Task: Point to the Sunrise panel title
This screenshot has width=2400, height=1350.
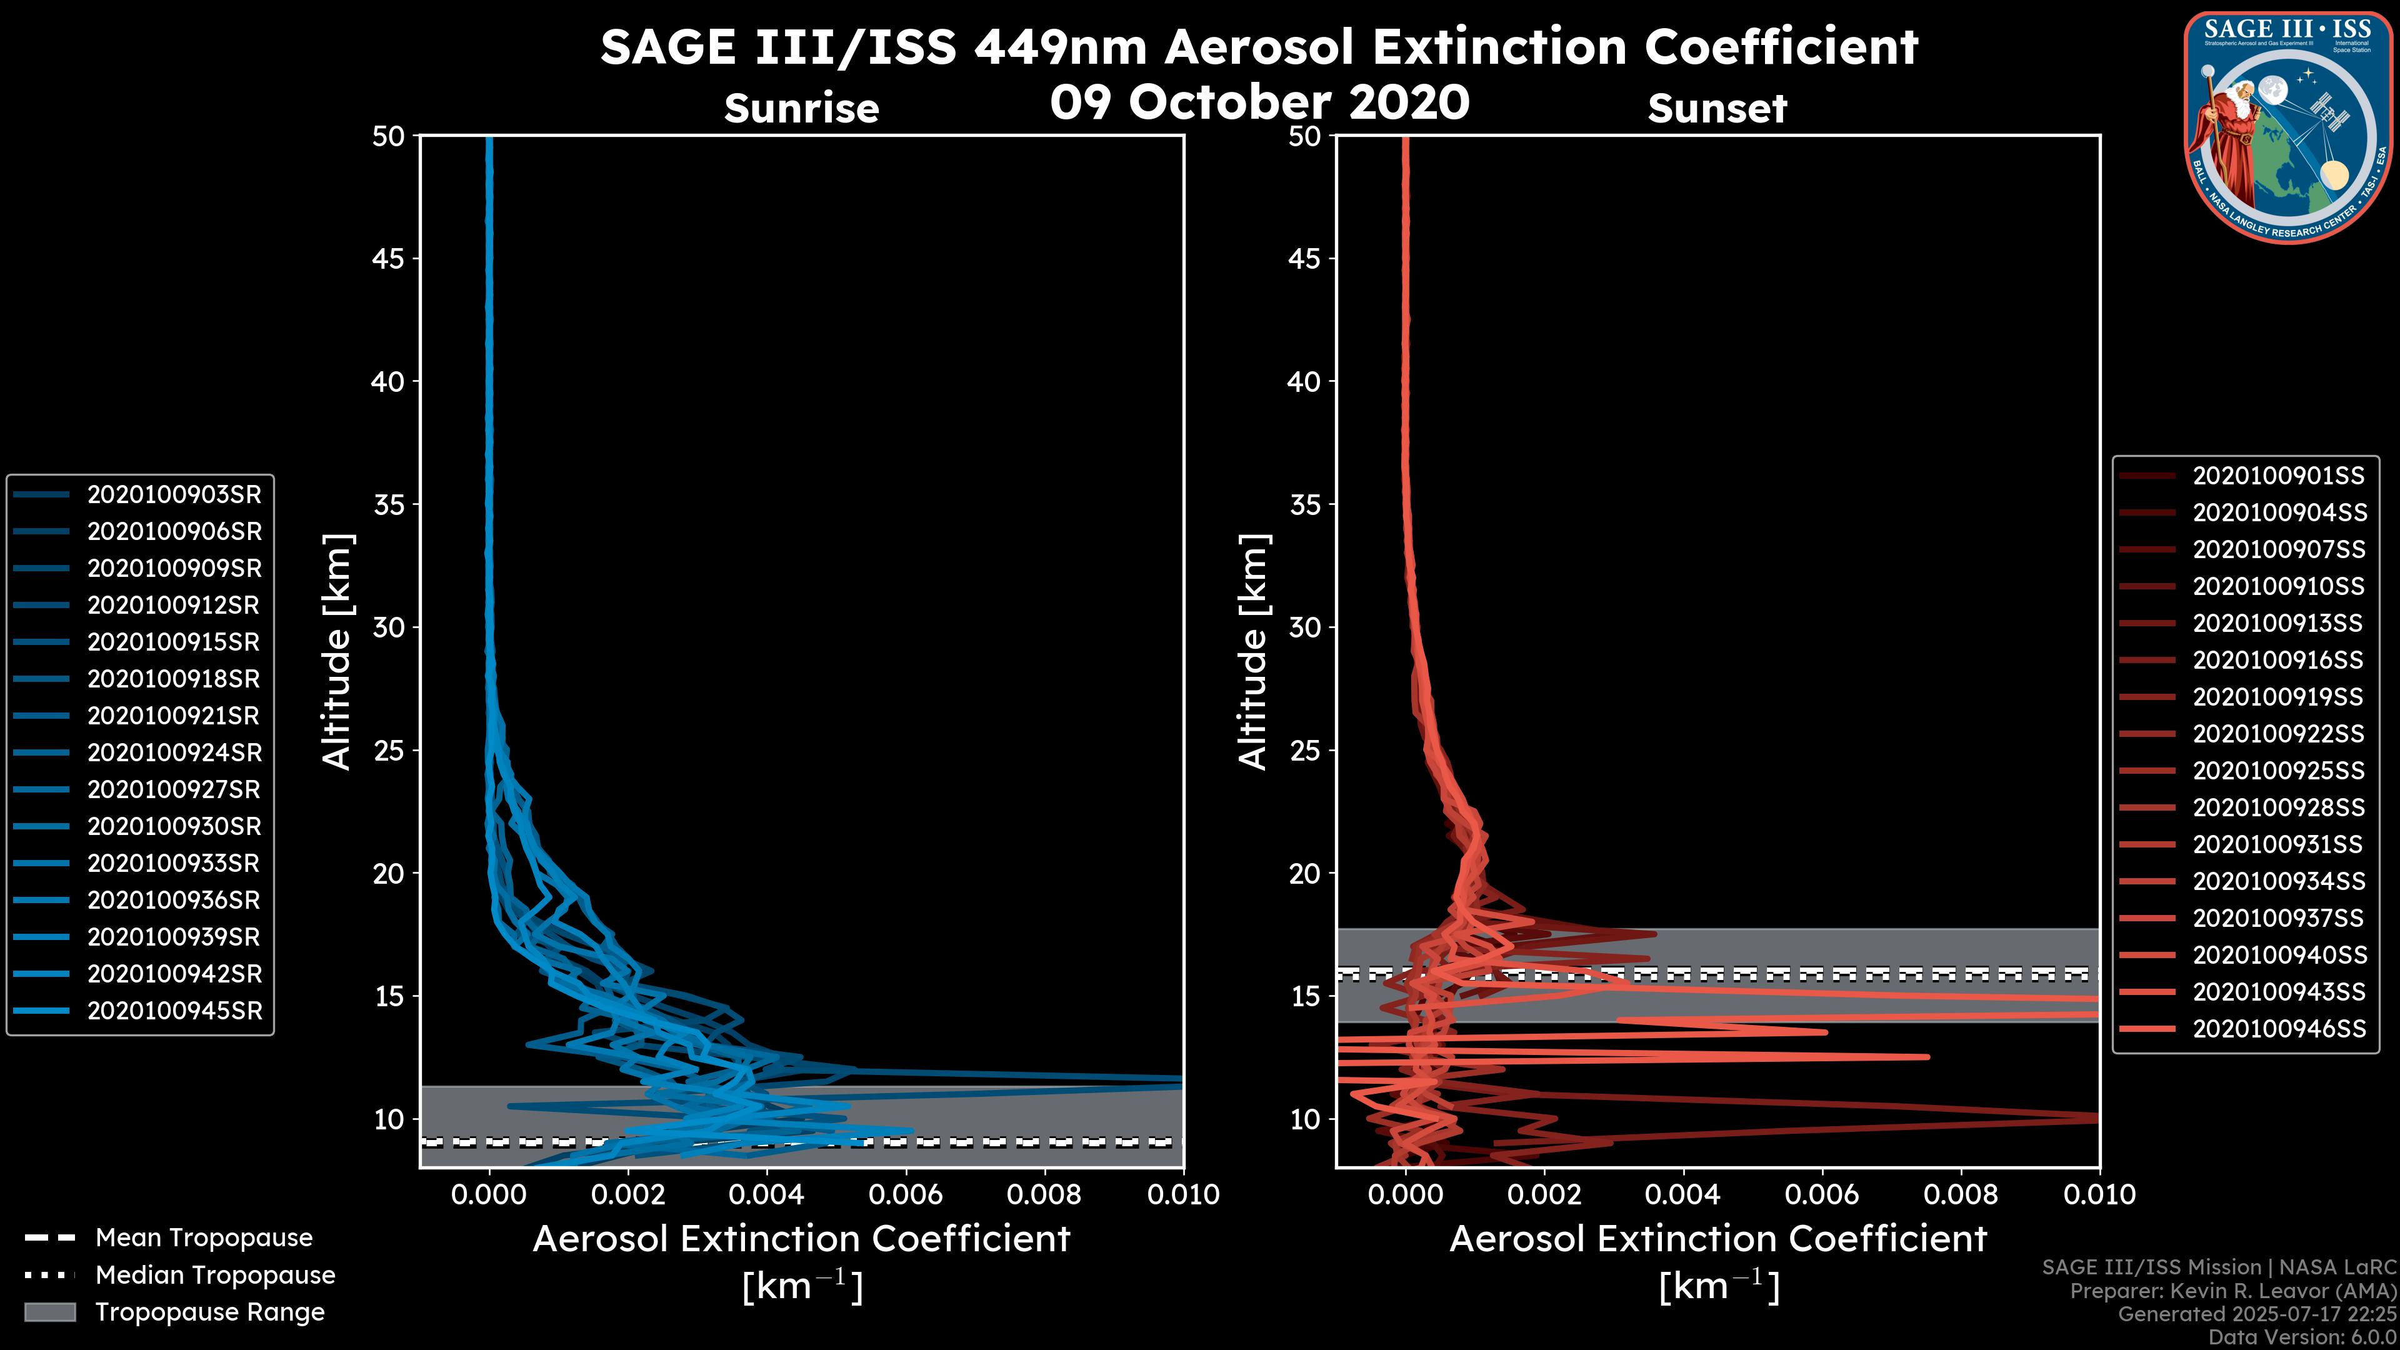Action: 801,109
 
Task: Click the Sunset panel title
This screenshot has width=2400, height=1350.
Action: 1717,109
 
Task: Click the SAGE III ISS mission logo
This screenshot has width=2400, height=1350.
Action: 2288,127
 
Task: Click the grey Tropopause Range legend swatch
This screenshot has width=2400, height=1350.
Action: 50,1312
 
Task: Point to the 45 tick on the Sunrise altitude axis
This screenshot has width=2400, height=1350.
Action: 389,259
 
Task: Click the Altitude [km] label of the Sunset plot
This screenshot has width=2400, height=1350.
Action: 1253,652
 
